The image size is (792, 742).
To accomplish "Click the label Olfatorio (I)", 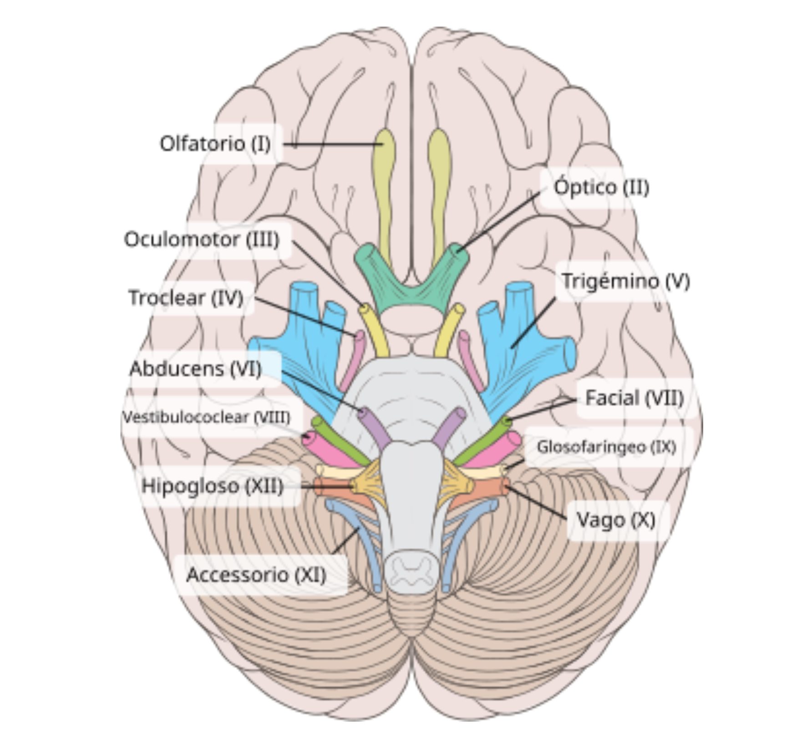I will tap(215, 144).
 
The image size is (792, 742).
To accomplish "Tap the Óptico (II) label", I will tap(601, 187).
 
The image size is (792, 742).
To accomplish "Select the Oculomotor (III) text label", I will tap(202, 239).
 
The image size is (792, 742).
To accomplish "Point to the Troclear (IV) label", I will tap(186, 298).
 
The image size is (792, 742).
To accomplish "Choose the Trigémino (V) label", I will tap(625, 281).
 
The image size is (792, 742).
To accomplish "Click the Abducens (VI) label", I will tap(196, 368).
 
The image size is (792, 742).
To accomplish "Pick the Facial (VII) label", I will tap(634, 398).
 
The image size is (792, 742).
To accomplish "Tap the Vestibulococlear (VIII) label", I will tap(206, 417).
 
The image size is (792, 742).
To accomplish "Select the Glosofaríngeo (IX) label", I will tap(606, 447).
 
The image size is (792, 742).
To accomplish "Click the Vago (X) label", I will tap(615, 520).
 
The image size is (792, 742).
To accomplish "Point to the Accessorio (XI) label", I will tap(256, 575).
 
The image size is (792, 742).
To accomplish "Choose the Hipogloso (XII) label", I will tap(213, 486).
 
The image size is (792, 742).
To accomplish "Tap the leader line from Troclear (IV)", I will tap(305, 317).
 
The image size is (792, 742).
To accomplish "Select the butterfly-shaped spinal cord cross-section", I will tap(411, 570).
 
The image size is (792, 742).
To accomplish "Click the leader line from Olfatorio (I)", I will tap(332, 145).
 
